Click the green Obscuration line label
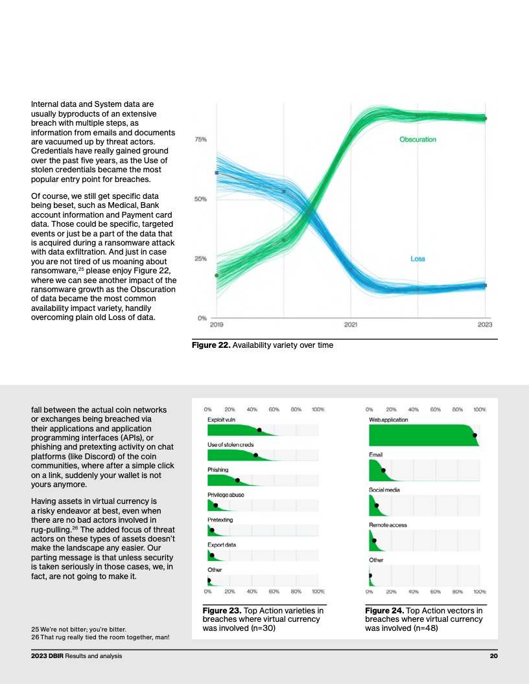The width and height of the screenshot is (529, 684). [x=417, y=139]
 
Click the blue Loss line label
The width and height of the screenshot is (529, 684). [x=417, y=258]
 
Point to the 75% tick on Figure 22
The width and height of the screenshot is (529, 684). [x=200, y=139]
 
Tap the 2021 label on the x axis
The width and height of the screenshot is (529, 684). [x=351, y=325]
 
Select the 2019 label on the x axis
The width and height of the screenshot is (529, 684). [x=217, y=325]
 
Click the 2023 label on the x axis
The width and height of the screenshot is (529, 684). [x=485, y=325]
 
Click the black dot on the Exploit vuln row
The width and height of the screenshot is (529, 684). [x=259, y=430]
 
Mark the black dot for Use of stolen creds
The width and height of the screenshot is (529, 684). [x=256, y=455]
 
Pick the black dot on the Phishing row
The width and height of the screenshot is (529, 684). [x=237, y=481]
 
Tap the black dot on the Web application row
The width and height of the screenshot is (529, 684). [x=475, y=435]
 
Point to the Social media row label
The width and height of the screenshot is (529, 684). [x=384, y=490]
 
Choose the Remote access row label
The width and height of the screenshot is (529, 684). [x=388, y=525]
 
